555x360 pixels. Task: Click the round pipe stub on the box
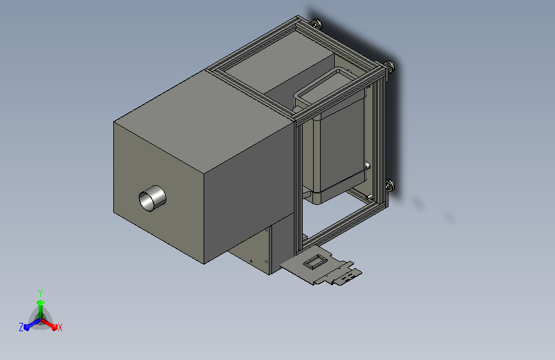click(x=152, y=199)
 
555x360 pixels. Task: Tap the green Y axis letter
click(x=40, y=293)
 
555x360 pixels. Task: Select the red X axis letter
click(x=60, y=327)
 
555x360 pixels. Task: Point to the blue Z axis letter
click(x=21, y=327)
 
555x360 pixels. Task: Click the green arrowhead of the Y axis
click(x=40, y=302)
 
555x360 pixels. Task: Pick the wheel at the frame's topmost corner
click(x=316, y=24)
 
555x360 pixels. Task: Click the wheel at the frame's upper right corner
click(x=390, y=66)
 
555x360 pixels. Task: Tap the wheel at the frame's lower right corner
click(x=390, y=185)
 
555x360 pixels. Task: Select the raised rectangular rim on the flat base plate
click(x=313, y=262)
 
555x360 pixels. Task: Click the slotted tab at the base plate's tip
click(x=348, y=275)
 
